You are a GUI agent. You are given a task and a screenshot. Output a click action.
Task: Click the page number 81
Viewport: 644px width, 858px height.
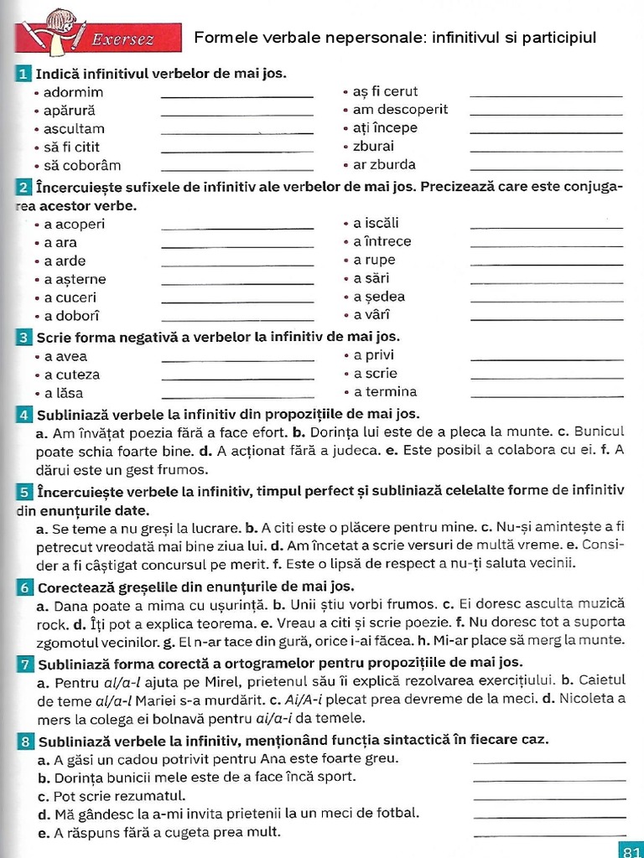coord(630,850)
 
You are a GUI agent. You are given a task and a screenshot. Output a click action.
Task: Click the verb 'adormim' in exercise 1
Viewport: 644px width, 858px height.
coord(74,92)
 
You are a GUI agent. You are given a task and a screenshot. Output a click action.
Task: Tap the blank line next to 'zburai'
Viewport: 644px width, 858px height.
coord(546,151)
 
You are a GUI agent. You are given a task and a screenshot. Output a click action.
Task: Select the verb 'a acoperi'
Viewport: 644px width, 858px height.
coord(75,224)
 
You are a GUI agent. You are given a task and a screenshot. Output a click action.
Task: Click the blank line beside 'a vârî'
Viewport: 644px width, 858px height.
coord(547,320)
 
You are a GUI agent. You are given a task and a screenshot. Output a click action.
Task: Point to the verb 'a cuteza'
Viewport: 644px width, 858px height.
coord(72,375)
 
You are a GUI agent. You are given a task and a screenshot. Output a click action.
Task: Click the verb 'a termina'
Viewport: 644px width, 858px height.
coord(385,392)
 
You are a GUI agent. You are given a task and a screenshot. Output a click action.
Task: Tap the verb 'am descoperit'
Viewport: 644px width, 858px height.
coord(400,110)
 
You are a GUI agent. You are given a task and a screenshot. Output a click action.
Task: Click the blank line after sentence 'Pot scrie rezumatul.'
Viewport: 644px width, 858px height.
coord(549,799)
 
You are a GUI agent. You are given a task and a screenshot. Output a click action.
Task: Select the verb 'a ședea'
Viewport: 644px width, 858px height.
coord(379,297)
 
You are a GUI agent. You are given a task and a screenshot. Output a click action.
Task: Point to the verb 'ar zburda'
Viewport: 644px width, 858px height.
coord(384,165)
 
